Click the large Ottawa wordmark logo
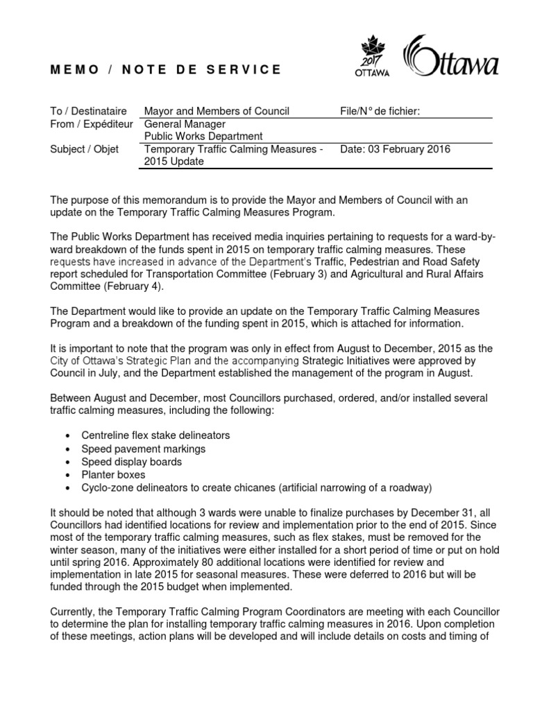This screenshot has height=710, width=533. click(x=451, y=58)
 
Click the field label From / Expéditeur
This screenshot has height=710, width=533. click(x=91, y=123)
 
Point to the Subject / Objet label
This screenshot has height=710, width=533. click(x=85, y=149)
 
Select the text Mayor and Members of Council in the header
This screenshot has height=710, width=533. click(x=216, y=111)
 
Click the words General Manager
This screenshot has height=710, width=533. click(x=182, y=123)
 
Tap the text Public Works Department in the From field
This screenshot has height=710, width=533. click(x=203, y=136)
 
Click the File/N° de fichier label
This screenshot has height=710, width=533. click(x=380, y=111)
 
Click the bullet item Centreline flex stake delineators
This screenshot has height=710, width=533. click(x=155, y=435)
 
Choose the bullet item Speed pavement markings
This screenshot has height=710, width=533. click(x=143, y=449)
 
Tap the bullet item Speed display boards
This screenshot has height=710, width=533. click(x=132, y=462)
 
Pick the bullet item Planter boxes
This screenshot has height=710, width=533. click(x=113, y=475)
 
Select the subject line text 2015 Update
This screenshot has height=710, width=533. click(x=174, y=162)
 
